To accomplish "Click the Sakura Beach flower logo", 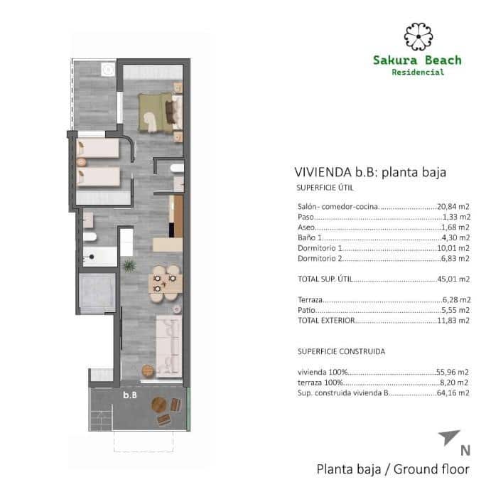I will point(418,36).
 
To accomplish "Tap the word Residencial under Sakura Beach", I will point(418,72).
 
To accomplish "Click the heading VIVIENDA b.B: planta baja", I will point(369,172).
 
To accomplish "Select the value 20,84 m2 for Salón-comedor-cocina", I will point(453,206).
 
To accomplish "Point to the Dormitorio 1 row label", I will point(320,249).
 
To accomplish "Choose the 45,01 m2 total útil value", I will point(453,279).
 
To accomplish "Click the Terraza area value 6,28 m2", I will point(455,301).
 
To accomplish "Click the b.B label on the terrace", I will point(130,395).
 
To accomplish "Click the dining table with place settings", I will point(165,279).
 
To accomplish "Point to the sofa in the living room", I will point(168,346).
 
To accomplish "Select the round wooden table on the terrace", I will point(159,405).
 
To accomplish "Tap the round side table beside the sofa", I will point(148,371).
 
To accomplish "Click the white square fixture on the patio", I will point(108,70).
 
